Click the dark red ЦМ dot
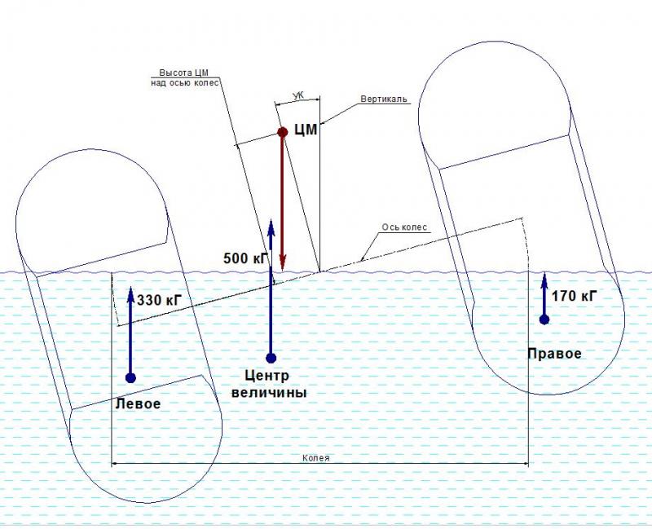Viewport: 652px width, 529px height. pos(282,132)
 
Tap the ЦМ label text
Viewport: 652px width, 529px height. pos(305,128)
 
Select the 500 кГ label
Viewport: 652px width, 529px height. pos(245,258)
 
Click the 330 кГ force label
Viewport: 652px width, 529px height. pos(159,300)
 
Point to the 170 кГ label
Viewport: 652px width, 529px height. pos(574,295)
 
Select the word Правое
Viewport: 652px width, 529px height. pos(554,353)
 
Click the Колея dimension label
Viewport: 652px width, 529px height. pos(315,457)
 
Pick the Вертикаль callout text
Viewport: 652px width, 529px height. pos(384,99)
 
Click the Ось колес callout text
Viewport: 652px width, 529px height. pos(404,227)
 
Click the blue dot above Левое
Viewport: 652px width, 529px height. pos(130,377)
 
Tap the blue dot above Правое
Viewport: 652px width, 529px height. pos(544,319)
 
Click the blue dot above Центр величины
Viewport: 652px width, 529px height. pos(271,357)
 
